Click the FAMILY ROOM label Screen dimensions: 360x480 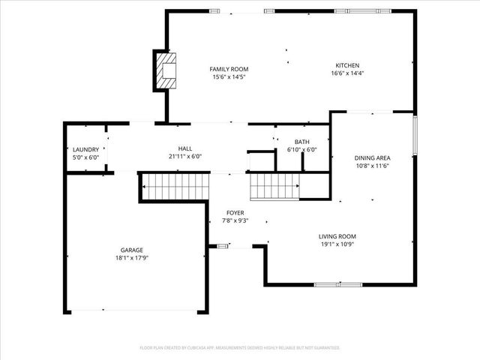click(229, 69)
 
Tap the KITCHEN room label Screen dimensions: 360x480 click(346, 65)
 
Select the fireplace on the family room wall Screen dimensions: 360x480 click(166, 70)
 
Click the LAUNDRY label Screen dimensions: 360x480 click(85, 149)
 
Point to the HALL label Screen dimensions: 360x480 click(184, 148)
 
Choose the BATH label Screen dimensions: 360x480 click(302, 142)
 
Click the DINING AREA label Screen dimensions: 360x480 click(372, 157)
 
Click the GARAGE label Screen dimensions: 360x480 click(132, 250)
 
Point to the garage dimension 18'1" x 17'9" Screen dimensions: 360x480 click(132, 258)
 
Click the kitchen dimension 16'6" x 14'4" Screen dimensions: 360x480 click(346, 73)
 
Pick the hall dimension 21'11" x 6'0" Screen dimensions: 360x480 click(184, 157)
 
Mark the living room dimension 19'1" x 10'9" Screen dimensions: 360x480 click(337, 244)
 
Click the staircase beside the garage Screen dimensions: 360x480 click(173, 185)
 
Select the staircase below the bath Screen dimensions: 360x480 click(274, 184)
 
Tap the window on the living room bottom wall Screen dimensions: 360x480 click(330, 284)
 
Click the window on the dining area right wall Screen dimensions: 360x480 click(414, 135)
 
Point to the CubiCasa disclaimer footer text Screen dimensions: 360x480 click(240, 348)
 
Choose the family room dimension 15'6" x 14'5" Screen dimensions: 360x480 click(229, 77)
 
